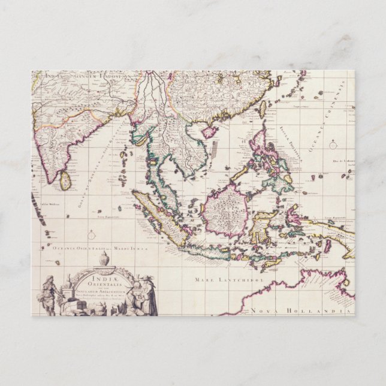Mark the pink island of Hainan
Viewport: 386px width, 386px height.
[209, 131]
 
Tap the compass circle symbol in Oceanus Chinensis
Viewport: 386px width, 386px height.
[333, 144]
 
